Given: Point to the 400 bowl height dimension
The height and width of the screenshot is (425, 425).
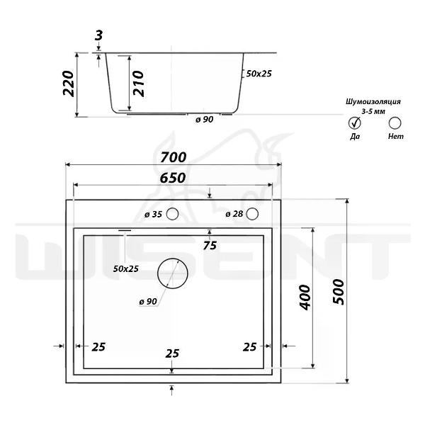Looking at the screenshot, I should pos(304,298).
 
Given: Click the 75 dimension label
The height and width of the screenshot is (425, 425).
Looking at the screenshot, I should pos(209,246).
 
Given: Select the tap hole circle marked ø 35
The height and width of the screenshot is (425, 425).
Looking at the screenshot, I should pos(172,215).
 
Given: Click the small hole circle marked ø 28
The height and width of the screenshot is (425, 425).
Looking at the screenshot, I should pos(254,215).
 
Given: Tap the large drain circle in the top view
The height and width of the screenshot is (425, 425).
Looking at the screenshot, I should pos(169,272).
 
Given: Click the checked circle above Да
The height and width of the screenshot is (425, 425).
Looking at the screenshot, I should pos(355,123).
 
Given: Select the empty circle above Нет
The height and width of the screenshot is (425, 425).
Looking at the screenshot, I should pos(395,123).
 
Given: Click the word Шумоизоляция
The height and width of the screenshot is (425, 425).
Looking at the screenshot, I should pos(373,102).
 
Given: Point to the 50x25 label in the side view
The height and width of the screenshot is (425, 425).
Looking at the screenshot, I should pos(259,73).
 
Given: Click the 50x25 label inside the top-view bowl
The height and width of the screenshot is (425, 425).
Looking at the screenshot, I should pos(126,268).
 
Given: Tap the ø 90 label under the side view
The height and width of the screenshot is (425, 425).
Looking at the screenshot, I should pos(204,119).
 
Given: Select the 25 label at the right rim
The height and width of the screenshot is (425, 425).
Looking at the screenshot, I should pos(249,346).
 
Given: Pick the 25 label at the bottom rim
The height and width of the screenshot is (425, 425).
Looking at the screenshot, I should pos(171,353).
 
